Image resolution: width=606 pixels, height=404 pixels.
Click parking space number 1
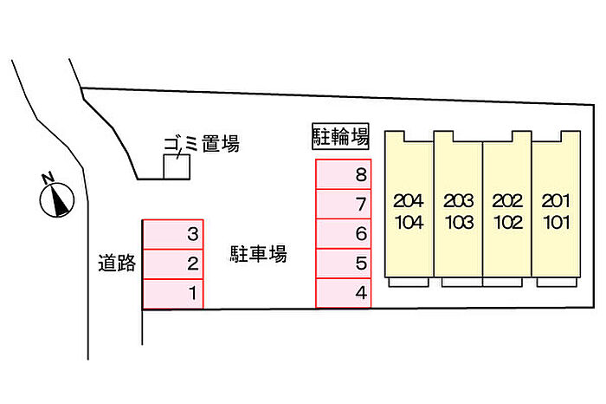pyautogui.click(x=173, y=294)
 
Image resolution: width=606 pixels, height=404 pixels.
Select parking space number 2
pyautogui.click(x=173, y=264)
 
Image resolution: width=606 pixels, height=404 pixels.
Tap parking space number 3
pyautogui.click(x=173, y=234)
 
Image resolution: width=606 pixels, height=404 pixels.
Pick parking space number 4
pyautogui.click(x=343, y=293)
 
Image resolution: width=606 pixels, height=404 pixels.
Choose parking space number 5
pyautogui.click(x=343, y=264)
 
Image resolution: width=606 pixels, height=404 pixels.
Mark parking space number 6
pyautogui.click(x=343, y=234)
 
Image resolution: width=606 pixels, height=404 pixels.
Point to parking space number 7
pyautogui.click(x=343, y=204)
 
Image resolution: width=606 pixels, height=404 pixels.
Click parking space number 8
pyautogui.click(x=343, y=174)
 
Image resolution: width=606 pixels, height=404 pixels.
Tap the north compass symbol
pyautogui.click(x=57, y=200)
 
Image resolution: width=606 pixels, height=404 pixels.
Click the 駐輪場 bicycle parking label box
pyautogui.click(x=340, y=137)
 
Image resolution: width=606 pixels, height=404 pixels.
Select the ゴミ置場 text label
pyautogui.click(x=202, y=144)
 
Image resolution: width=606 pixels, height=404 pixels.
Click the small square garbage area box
pyautogui.click(x=177, y=166)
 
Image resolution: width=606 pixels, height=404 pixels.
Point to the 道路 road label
pyautogui.click(x=117, y=264)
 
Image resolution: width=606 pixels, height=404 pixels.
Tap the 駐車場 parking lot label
pyautogui.click(x=258, y=254)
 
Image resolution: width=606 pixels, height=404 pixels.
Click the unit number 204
pyautogui.click(x=409, y=201)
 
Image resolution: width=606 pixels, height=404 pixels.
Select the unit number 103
pyautogui.click(x=459, y=223)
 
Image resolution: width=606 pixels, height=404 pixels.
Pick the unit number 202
pyautogui.click(x=507, y=201)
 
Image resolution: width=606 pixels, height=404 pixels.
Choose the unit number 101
pyautogui.click(x=557, y=223)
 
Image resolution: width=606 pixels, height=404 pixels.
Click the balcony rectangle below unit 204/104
pyautogui.click(x=409, y=282)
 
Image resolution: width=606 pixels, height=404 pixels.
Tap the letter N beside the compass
pyautogui.click(x=48, y=179)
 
